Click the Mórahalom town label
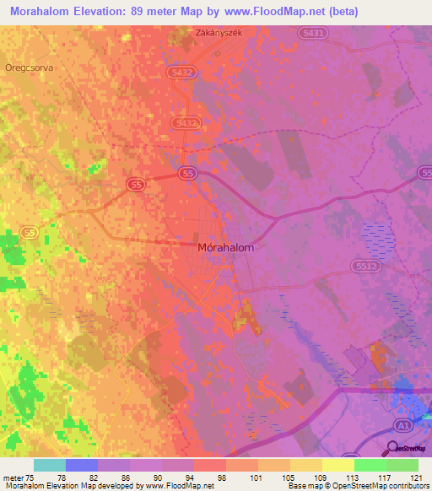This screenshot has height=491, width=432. (224, 249)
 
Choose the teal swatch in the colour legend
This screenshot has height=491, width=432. (50, 465)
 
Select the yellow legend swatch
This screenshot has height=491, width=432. (337, 465)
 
